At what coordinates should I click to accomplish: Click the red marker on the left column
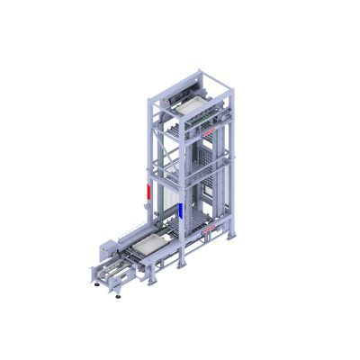pos(143,191)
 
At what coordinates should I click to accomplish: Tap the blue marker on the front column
pos(182,211)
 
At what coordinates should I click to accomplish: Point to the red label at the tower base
pos(211,231)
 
